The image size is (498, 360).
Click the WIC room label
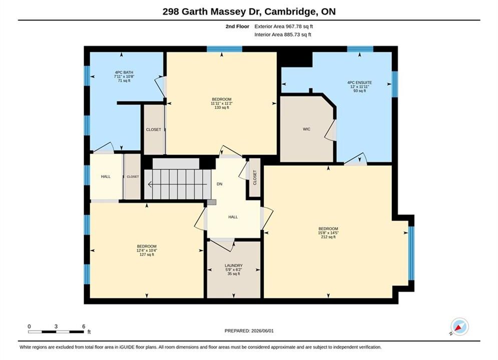pyautogui.click(x=306, y=129)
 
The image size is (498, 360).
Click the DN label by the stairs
pyautogui.click(x=219, y=184)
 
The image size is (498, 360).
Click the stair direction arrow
pyautogui.click(x=178, y=184)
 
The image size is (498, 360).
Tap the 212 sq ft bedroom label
pyautogui.click(x=328, y=233)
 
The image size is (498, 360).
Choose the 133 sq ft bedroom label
pyautogui.click(x=222, y=103)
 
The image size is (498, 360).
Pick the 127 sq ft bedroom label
pyautogui.click(x=147, y=250)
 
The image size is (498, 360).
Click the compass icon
pyautogui.click(x=459, y=326)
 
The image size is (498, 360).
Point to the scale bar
pyautogui.click(x=56, y=332)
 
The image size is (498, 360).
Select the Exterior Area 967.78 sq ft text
pyautogui.click(x=284, y=26)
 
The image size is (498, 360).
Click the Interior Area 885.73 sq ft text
pyautogui.click(x=283, y=34)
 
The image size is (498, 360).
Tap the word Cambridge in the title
pyautogui.click(x=290, y=11)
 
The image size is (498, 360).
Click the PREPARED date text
pyautogui.click(x=249, y=331)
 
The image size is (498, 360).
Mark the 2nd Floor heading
pyautogui.click(x=237, y=26)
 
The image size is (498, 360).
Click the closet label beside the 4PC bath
pyautogui.click(x=153, y=129)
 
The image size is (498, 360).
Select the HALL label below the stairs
pyautogui.click(x=233, y=217)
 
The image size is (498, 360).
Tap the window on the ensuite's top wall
pyautogui.click(x=360, y=49)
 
